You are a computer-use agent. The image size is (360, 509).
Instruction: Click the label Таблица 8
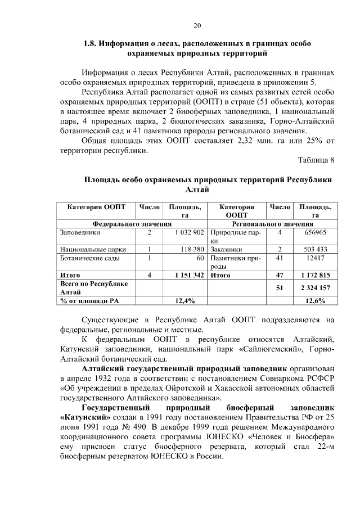(x=316, y=160)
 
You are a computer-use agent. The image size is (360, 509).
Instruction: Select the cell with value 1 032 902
(x=185, y=232)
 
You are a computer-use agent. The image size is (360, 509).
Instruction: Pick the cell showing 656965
(x=315, y=232)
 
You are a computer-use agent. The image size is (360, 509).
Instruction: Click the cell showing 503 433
(x=315, y=249)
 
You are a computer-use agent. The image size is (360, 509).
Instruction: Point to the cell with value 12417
(x=315, y=258)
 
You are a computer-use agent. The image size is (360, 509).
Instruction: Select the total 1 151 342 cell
(x=185, y=275)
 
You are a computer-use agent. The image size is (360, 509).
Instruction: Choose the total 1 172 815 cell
(x=315, y=275)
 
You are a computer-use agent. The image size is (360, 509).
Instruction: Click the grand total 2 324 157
(x=315, y=288)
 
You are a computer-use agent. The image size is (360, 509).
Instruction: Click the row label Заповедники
(x=80, y=232)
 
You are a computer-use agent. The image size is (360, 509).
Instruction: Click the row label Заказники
(x=226, y=249)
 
